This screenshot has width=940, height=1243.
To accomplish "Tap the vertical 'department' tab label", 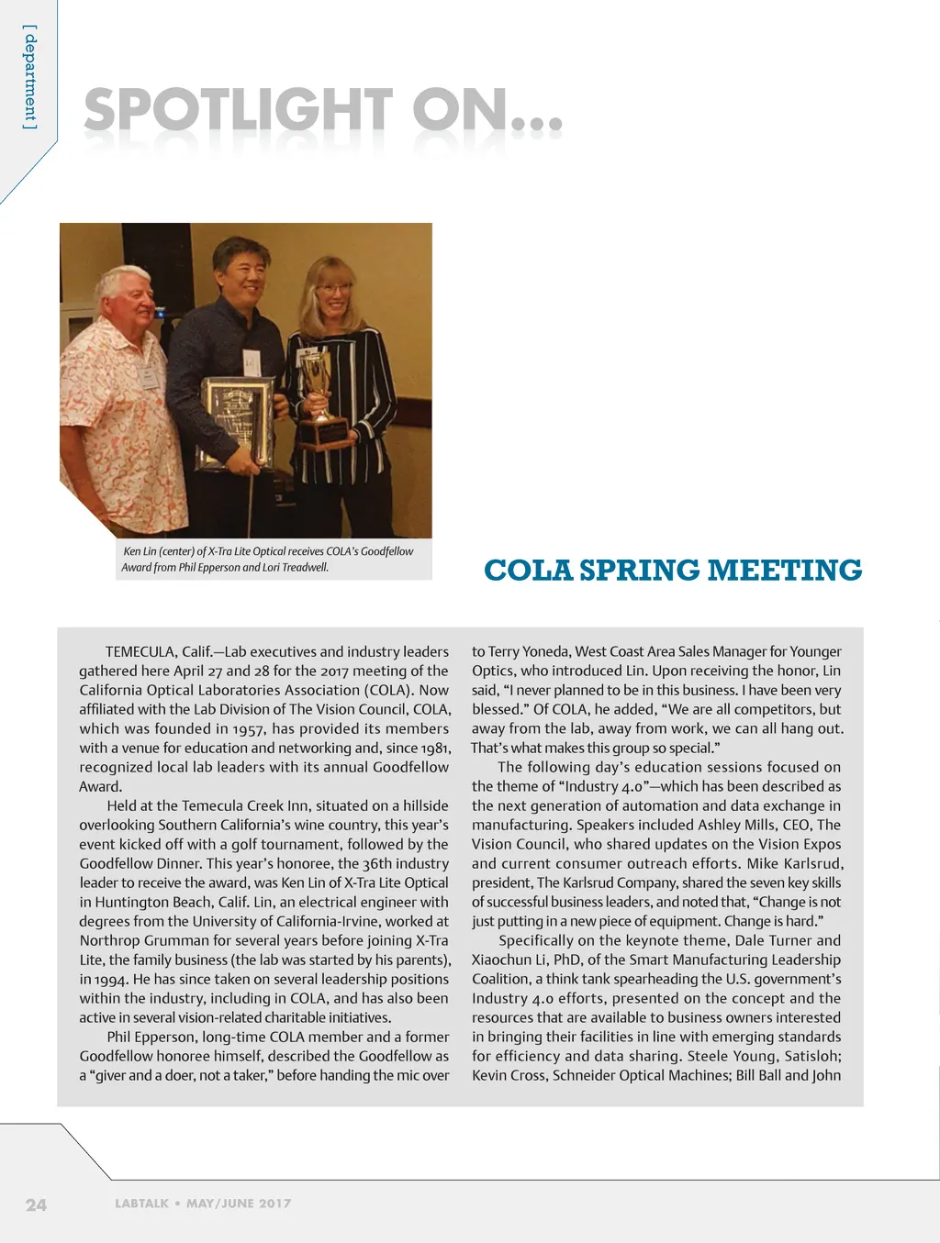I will (x=30, y=78).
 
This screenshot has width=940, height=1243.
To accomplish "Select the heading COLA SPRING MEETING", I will (x=673, y=570).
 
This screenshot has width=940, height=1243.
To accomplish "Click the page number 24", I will (x=36, y=1204).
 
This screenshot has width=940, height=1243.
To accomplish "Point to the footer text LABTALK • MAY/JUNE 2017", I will (x=203, y=1204).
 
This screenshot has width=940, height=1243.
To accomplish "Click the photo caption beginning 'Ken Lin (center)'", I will (x=267, y=559).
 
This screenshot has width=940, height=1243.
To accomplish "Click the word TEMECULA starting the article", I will (x=140, y=651).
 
